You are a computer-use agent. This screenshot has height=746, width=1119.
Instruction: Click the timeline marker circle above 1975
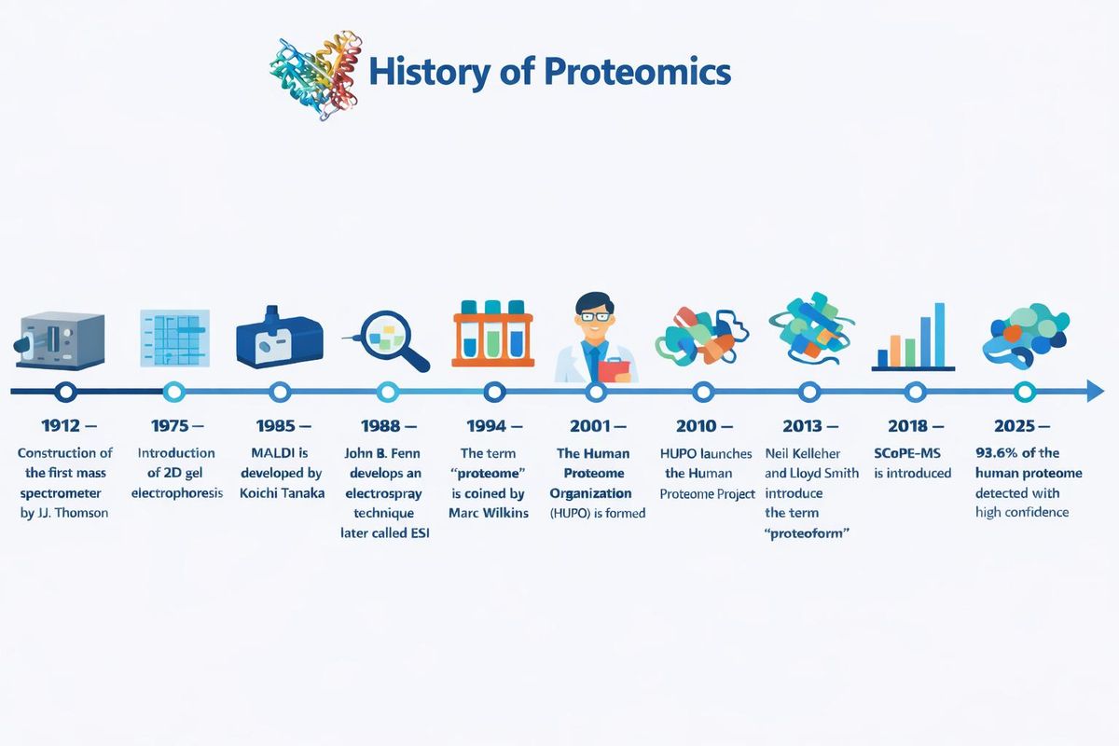pyautogui.click(x=173, y=392)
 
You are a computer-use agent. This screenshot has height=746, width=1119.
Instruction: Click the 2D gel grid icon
pyautogui.click(x=174, y=338)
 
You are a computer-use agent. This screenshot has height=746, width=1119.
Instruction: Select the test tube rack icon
pyautogui.click(x=492, y=334)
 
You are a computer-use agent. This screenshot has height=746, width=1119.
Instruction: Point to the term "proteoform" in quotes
pyautogui.click(x=808, y=532)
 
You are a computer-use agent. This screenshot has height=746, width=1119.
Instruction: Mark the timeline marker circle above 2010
pyautogui.click(x=704, y=392)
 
